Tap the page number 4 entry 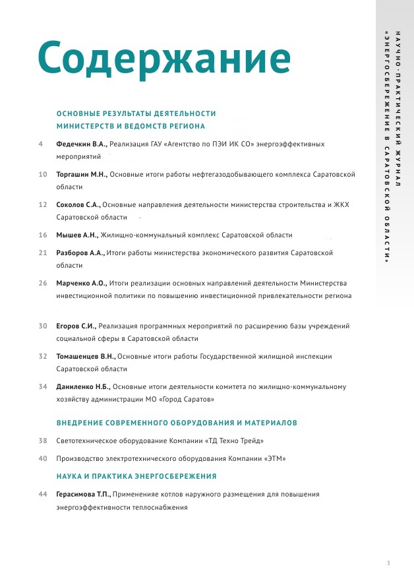tap(41, 143)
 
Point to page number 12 tap(43, 204)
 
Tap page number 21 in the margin tap(43, 253)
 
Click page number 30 tap(43, 326)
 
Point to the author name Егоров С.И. tap(76, 326)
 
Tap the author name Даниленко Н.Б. tap(83, 386)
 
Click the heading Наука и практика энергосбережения tap(136, 475)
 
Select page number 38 tap(43, 440)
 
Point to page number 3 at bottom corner tap(388, 562)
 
